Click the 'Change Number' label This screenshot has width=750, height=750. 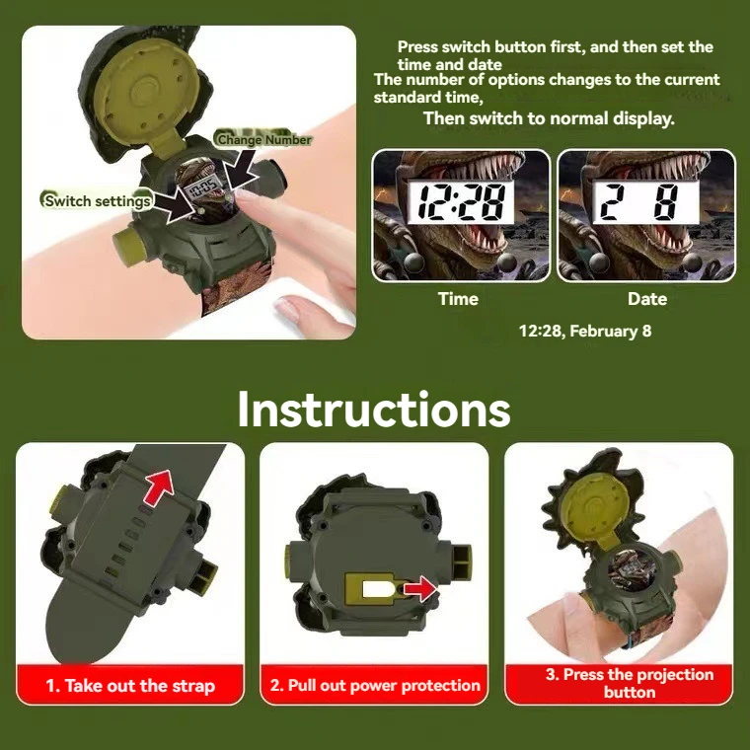pyautogui.click(x=263, y=140)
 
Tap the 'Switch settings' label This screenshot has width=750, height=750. pyautogui.click(x=98, y=201)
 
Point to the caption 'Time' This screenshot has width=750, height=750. pyautogui.click(x=458, y=299)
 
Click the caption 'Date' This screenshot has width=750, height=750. pyautogui.click(x=646, y=299)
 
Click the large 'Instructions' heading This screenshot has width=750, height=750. pyautogui.click(x=374, y=410)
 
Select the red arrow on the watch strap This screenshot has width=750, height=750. pyautogui.click(x=158, y=487)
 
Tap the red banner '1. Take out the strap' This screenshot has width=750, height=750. pyautogui.click(x=130, y=686)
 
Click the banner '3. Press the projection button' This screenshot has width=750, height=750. pyautogui.click(x=629, y=683)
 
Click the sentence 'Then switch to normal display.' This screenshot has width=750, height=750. pyautogui.click(x=549, y=118)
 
